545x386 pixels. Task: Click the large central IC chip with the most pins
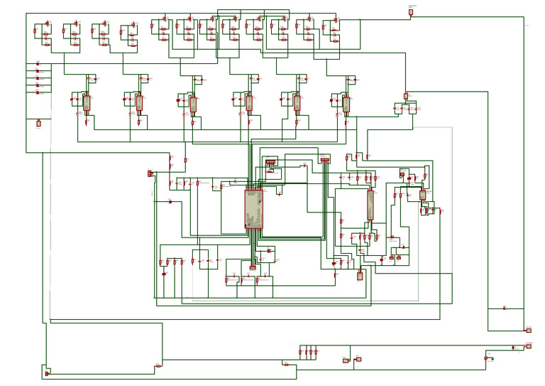(x=253, y=208)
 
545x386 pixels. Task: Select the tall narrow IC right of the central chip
(x=370, y=205)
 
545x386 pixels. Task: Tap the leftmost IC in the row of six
(x=87, y=102)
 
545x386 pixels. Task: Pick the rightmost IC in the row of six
(x=346, y=104)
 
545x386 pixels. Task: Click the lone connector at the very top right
(x=410, y=12)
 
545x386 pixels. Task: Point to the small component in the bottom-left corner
(x=47, y=373)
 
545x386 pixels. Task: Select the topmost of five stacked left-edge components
(x=38, y=65)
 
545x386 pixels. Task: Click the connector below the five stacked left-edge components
(x=38, y=123)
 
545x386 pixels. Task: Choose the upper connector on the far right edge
(x=527, y=330)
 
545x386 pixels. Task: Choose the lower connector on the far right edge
(x=528, y=347)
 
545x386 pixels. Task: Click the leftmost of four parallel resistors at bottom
(x=300, y=351)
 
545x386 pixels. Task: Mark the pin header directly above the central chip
(x=270, y=163)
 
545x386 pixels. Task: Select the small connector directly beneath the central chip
(x=253, y=267)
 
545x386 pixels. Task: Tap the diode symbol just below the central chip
(x=268, y=251)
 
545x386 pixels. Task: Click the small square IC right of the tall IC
(x=422, y=195)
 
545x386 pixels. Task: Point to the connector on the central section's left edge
(x=150, y=173)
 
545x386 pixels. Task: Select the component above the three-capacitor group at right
(x=406, y=96)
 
